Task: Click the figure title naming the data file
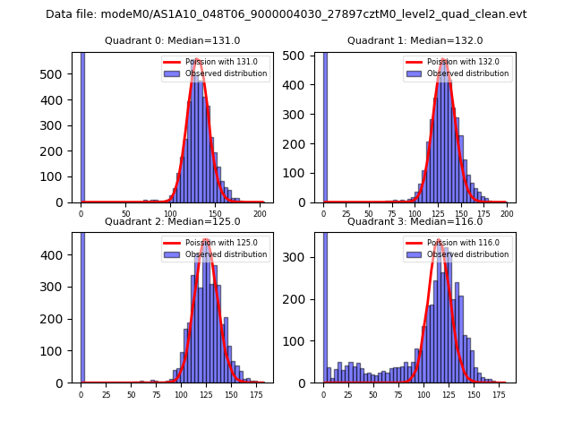(286, 14)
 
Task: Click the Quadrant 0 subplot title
(173, 40)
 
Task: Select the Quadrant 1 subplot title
(415, 40)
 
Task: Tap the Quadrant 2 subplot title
(173, 221)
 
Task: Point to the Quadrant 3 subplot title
(415, 221)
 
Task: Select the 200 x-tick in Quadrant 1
(507, 215)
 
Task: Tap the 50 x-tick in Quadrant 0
(125, 215)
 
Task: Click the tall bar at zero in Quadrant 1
(325, 125)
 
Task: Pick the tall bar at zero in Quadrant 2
(82, 305)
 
